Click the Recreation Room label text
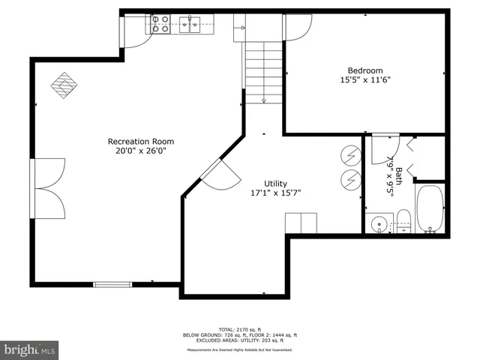[x=141, y=141]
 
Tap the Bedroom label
[x=364, y=71]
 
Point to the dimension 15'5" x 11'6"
[x=364, y=81]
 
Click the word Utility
[x=275, y=183]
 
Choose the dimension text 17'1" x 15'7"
[x=275, y=193]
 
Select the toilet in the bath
[x=403, y=222]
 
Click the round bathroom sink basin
[x=379, y=223]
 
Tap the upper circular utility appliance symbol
[x=349, y=155]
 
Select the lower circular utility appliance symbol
[x=349, y=179]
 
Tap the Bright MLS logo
[x=29, y=349]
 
